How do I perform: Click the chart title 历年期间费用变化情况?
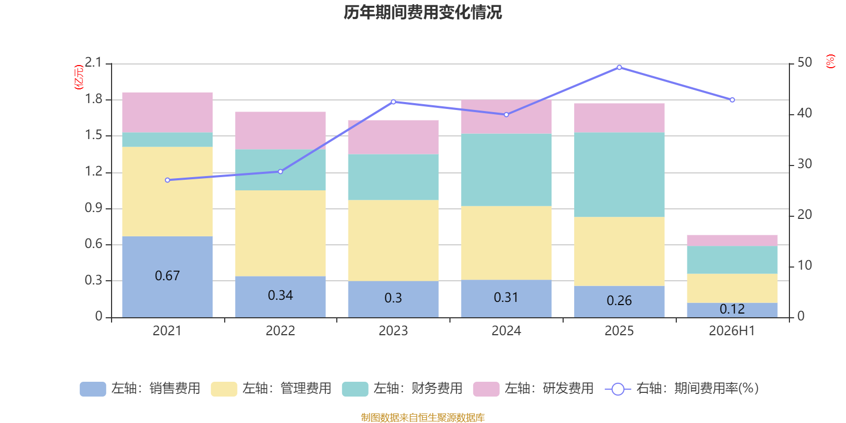(422, 13)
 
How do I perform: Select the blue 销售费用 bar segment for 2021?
(167, 277)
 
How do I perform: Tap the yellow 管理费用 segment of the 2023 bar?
(393, 241)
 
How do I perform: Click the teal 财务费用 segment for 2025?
(619, 174)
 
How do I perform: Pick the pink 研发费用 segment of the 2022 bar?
(280, 131)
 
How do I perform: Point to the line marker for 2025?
(619, 68)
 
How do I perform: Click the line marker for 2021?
(168, 180)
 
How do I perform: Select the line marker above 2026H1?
(732, 100)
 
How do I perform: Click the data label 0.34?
(280, 296)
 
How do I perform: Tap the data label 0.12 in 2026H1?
(732, 309)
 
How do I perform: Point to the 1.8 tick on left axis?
(94, 99)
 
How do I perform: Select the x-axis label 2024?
(506, 331)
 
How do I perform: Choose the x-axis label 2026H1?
(732, 331)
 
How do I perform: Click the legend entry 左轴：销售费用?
(140, 389)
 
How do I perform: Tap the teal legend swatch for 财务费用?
(355, 389)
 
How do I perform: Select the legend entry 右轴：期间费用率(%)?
(682, 389)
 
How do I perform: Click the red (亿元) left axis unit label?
(79, 77)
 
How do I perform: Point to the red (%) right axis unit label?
(831, 61)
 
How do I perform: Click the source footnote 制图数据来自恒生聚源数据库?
(422, 417)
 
